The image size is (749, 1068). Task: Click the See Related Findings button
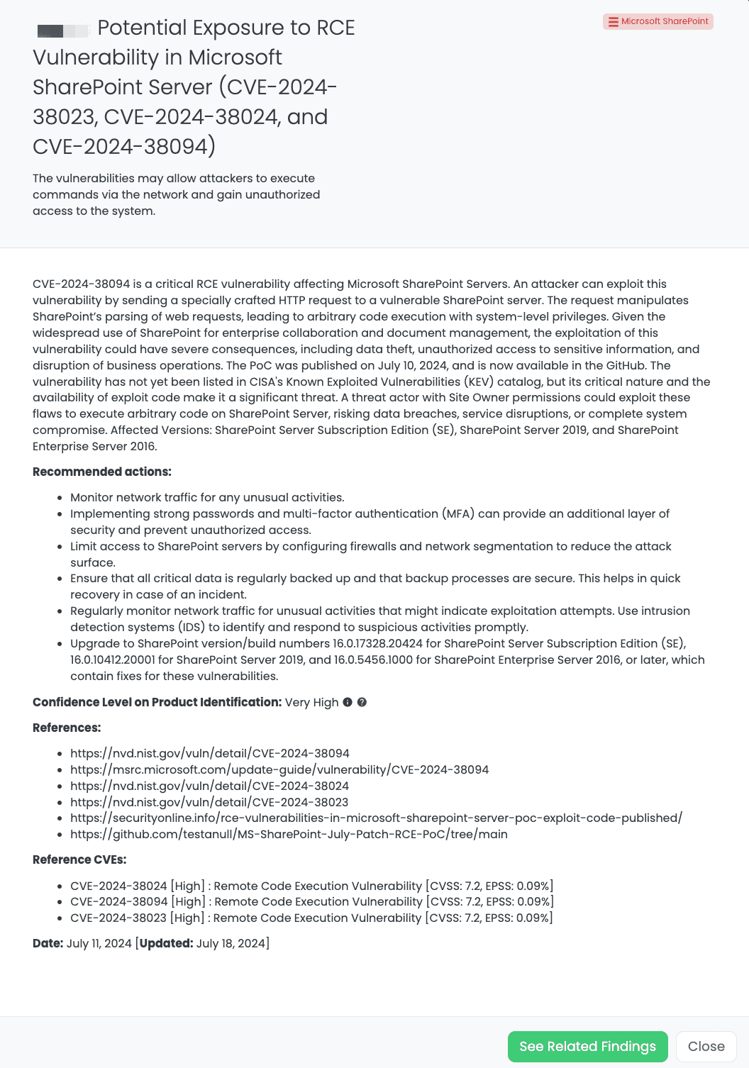click(x=587, y=1046)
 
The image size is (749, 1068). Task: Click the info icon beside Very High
click(x=348, y=702)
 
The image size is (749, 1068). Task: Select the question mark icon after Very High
click(x=362, y=702)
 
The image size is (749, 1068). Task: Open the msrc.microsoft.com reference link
click(x=279, y=769)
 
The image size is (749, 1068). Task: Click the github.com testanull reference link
click(x=289, y=834)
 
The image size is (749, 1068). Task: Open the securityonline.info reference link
click(x=376, y=818)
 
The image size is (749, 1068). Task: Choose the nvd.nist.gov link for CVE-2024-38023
click(x=209, y=802)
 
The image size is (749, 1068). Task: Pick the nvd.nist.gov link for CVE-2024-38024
click(x=209, y=786)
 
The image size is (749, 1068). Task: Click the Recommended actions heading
click(x=102, y=472)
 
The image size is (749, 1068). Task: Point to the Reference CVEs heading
click(x=79, y=860)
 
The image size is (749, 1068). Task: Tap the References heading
click(x=67, y=728)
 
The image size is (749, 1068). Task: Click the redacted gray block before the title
click(x=62, y=30)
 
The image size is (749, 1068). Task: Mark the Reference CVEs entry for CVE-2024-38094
click(x=312, y=901)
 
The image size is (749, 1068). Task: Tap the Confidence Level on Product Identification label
click(x=157, y=702)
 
